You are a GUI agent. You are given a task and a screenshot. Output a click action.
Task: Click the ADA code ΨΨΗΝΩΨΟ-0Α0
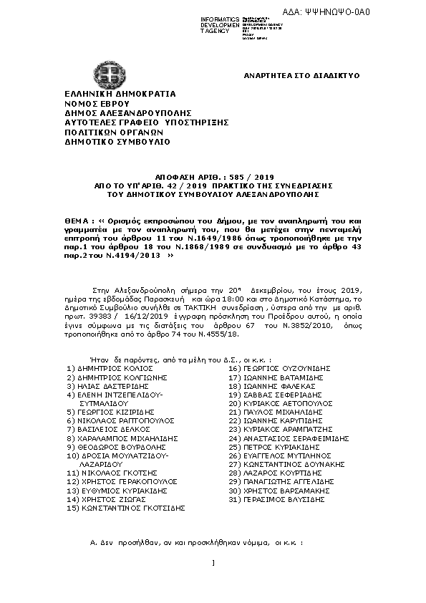(x=382, y=12)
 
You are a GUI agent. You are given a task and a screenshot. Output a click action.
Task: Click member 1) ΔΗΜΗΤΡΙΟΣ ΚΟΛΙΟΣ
(x=110, y=367)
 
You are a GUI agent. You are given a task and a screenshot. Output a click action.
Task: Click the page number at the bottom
(x=213, y=582)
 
